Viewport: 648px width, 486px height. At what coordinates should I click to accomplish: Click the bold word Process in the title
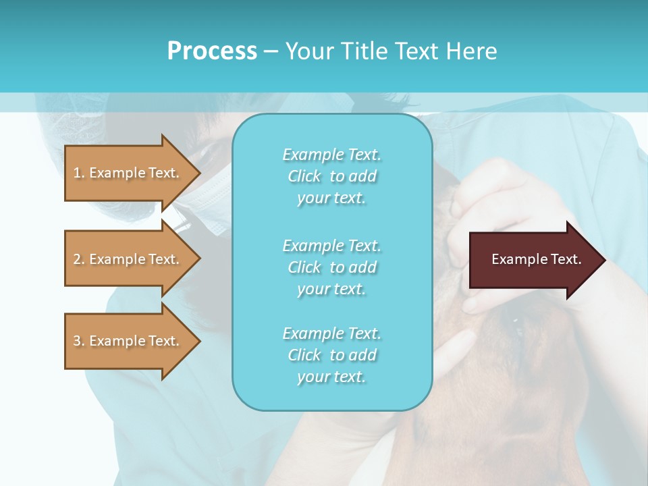212,51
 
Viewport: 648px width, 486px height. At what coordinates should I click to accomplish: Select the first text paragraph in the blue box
331,176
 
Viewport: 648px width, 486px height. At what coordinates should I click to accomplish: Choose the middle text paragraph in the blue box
331,267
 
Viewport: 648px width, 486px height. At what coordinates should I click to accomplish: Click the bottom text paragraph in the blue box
331,355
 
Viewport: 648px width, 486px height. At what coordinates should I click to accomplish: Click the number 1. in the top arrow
79,173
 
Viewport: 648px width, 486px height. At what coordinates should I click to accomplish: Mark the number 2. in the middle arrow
79,259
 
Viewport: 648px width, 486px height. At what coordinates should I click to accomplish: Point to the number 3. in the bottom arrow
79,341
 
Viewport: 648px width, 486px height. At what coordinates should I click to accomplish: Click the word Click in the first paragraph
304,176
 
